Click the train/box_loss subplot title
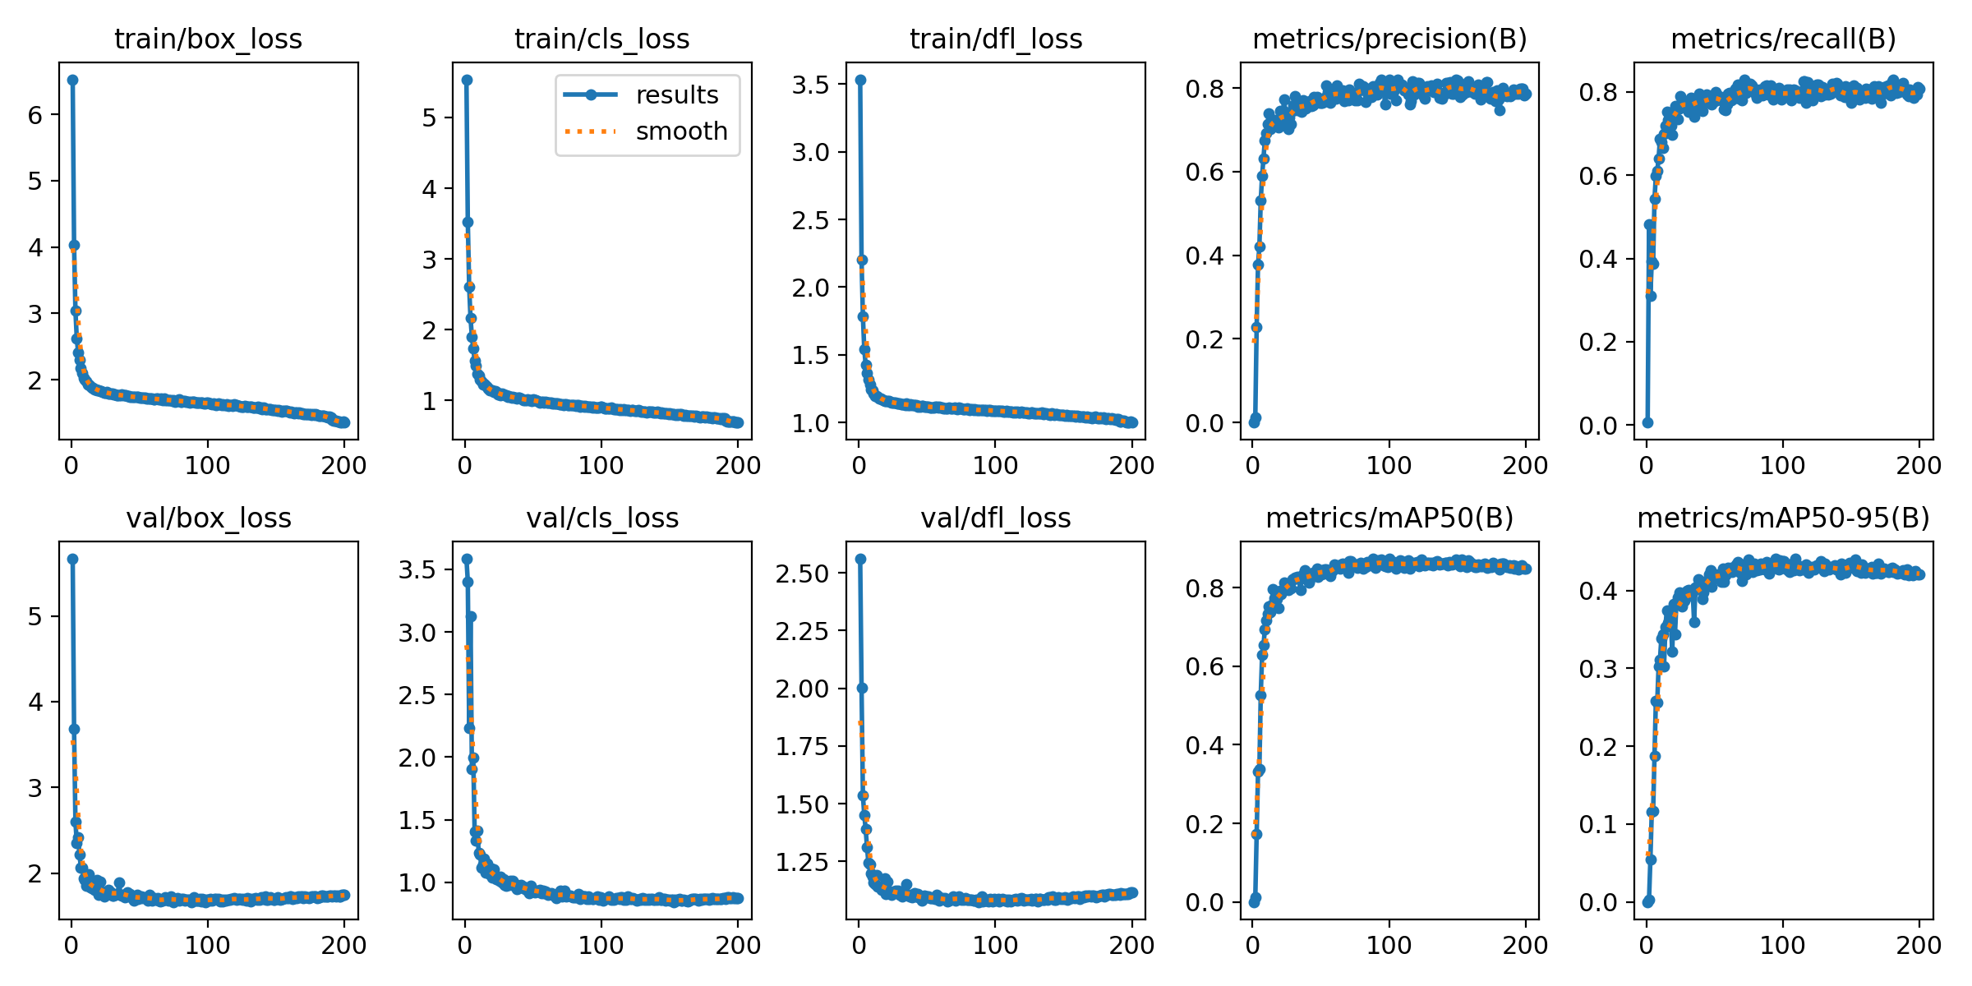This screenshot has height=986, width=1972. click(x=208, y=39)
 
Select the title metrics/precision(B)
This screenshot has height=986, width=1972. click(x=1389, y=39)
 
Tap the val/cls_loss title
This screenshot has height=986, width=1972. click(x=602, y=518)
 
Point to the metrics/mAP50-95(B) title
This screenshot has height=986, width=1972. click(x=1783, y=518)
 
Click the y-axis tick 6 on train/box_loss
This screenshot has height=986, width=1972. click(x=35, y=115)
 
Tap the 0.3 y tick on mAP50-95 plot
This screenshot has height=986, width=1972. click(x=1598, y=669)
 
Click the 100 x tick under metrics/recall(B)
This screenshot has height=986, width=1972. click(x=1782, y=465)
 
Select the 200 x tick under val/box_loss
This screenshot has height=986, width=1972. click(x=344, y=945)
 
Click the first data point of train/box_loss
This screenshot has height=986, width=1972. click(x=72, y=80)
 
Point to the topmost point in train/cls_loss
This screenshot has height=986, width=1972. click(x=467, y=80)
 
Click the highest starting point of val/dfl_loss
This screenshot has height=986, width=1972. click(x=860, y=559)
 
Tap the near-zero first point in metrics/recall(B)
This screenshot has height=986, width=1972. click(x=1647, y=422)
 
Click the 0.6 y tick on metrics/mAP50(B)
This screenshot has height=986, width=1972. click(x=1205, y=666)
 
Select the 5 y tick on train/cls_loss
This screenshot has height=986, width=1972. click(x=429, y=117)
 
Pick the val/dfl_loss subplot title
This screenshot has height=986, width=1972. click(x=996, y=518)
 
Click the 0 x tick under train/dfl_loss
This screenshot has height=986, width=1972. click(x=859, y=465)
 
